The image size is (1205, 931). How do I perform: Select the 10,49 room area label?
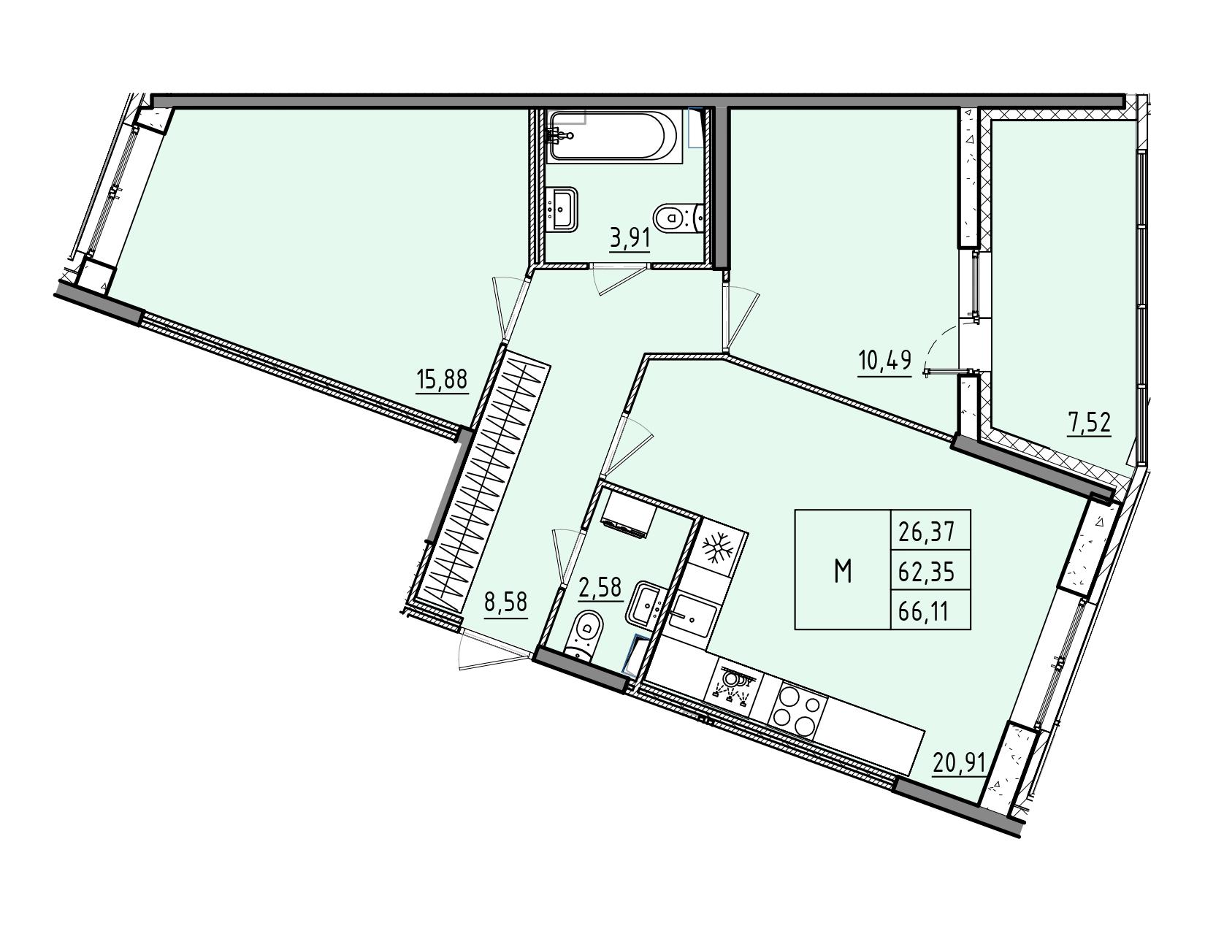884,361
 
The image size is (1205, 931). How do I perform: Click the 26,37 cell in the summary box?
930,532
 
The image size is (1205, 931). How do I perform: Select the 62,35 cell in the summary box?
930,571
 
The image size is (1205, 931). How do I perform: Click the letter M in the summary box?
843,571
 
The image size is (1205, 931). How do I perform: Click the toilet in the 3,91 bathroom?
678,218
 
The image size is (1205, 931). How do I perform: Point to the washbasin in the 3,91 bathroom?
562,209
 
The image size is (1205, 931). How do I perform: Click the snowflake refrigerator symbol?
718,548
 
